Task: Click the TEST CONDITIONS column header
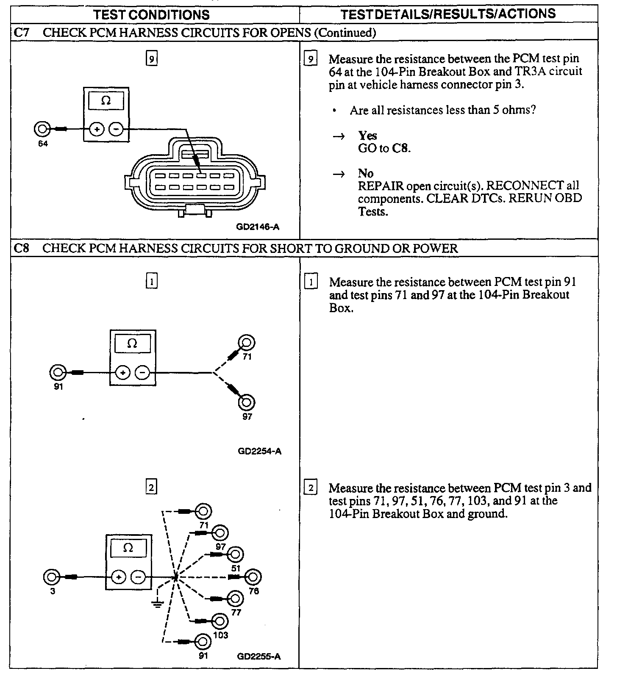click(x=151, y=15)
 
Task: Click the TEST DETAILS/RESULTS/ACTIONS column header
click(x=448, y=14)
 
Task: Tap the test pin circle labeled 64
click(x=42, y=129)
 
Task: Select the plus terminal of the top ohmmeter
click(x=97, y=129)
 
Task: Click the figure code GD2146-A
click(x=258, y=227)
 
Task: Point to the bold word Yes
click(x=367, y=136)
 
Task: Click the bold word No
click(x=365, y=174)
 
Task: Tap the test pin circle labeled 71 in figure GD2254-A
click(x=247, y=342)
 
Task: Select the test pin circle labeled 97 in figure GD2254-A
click(x=247, y=402)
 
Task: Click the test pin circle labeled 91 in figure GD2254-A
click(x=58, y=373)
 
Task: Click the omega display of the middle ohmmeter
click(x=132, y=343)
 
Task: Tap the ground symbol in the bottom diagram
click(x=158, y=603)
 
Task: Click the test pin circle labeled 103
click(x=220, y=621)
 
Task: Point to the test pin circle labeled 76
click(x=253, y=577)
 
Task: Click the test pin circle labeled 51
click(x=236, y=554)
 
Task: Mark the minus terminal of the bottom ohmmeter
click(x=138, y=577)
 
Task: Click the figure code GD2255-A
click(x=259, y=657)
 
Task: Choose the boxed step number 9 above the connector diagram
click(x=151, y=58)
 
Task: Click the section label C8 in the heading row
click(x=21, y=248)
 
